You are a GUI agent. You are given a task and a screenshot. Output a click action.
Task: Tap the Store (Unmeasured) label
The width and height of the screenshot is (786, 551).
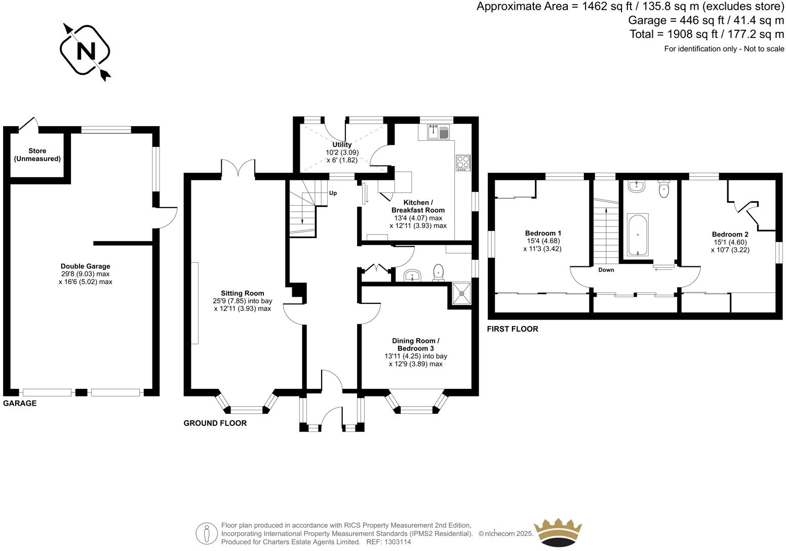click(x=37, y=155)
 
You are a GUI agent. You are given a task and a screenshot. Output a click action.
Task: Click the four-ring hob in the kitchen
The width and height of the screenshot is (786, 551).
click(x=463, y=163)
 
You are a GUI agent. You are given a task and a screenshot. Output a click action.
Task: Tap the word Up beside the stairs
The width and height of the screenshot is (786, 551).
click(x=333, y=193)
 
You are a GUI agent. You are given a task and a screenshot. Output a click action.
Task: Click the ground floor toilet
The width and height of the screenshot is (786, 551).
click(x=439, y=272)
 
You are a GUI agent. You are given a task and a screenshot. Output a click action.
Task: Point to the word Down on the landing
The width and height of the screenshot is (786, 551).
click(x=606, y=270)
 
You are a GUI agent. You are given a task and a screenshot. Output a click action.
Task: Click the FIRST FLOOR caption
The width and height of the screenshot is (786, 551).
click(x=512, y=329)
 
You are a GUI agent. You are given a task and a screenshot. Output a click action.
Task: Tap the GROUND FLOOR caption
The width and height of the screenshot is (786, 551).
click(x=215, y=423)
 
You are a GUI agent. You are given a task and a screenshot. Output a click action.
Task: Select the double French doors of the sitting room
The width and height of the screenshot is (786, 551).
click(x=238, y=169)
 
